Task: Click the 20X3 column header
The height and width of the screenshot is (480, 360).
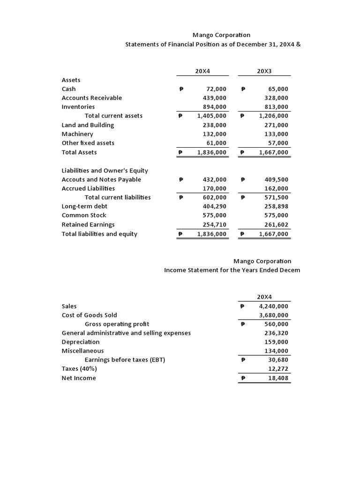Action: (x=264, y=71)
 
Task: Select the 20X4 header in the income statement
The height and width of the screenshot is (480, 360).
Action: (x=264, y=297)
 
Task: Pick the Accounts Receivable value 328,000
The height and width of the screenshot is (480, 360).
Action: (x=277, y=98)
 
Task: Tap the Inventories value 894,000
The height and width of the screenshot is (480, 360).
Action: (x=214, y=107)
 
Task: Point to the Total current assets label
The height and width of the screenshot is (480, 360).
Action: (x=113, y=116)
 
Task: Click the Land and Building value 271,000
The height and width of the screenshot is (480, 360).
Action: (x=277, y=125)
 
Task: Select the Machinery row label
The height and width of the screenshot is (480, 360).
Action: (x=77, y=134)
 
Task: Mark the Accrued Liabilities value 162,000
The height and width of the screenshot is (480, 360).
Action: (x=277, y=188)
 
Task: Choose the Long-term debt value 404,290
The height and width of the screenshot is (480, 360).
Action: (x=214, y=206)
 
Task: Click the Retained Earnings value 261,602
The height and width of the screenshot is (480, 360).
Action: (x=277, y=225)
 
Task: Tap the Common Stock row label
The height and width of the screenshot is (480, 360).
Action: (x=84, y=215)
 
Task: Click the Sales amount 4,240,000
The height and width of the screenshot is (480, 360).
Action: (x=273, y=306)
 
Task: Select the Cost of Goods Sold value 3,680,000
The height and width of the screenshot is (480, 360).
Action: (x=273, y=315)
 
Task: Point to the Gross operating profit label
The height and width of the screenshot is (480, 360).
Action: (x=117, y=324)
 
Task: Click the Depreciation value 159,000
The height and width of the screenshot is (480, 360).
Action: (x=277, y=342)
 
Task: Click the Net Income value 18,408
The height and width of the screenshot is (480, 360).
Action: (x=278, y=378)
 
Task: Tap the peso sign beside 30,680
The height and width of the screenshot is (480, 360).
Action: (x=242, y=360)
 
